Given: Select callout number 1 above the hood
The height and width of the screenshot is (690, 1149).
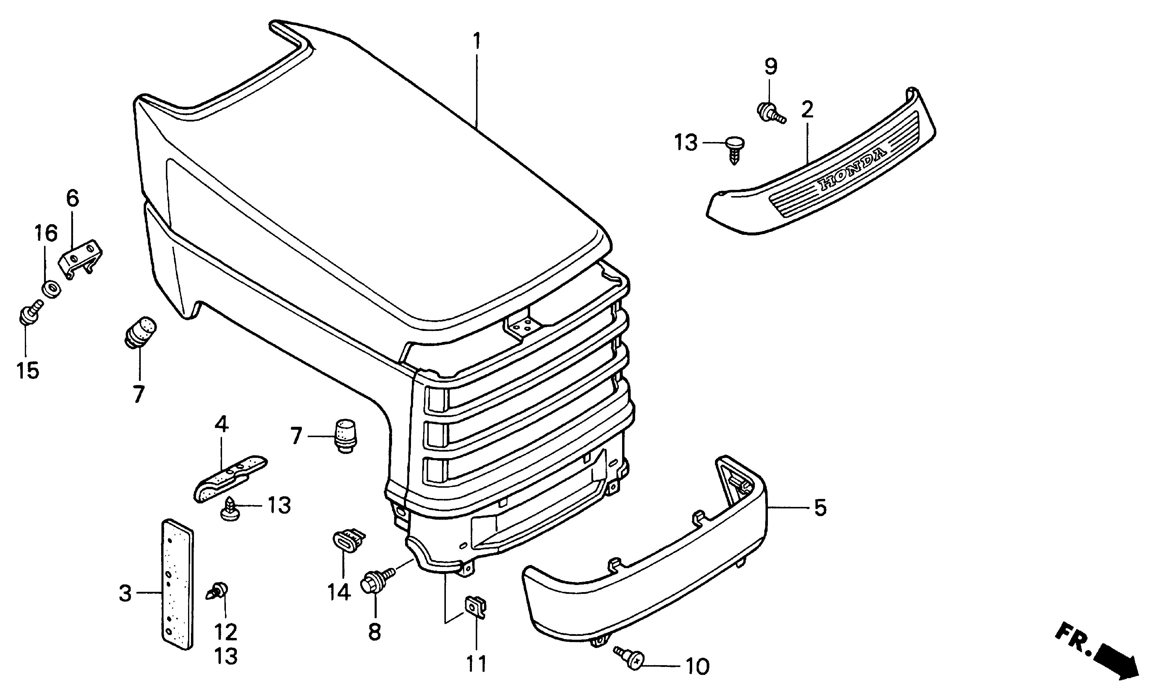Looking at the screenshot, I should pyautogui.click(x=476, y=41).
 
